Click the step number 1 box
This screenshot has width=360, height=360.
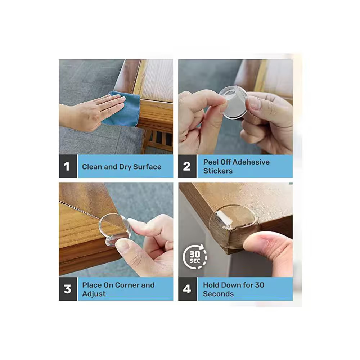68,166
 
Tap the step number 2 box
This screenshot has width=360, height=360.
187,166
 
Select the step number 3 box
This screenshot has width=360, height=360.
68,289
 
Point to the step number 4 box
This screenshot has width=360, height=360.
187,289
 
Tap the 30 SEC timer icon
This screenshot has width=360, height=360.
195,257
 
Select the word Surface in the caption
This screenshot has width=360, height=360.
147,167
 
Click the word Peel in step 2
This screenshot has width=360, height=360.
211,162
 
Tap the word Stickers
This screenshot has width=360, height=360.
218,171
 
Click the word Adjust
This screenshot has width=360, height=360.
94,294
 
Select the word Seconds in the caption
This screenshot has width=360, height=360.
219,294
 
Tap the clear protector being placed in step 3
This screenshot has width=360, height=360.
114,229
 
